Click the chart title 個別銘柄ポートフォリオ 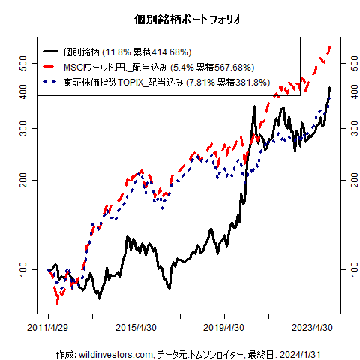[x=179, y=19]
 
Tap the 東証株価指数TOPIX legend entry [x=112, y=82]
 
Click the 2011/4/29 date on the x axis [x=49, y=328]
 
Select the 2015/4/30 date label [x=136, y=328]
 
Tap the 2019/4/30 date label [x=224, y=328]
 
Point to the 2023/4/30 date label [x=311, y=328]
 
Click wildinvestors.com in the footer [x=115, y=353]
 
